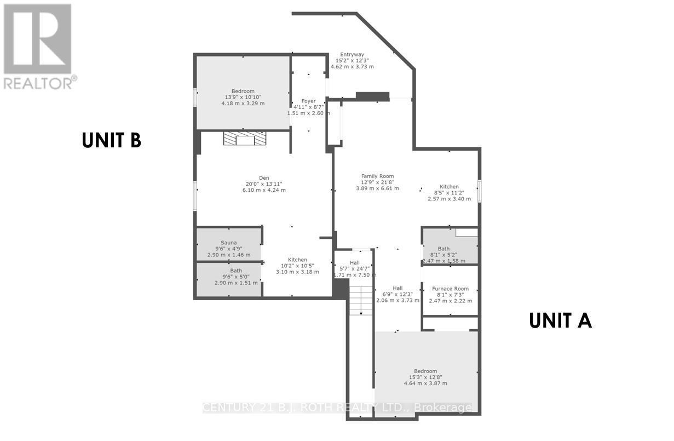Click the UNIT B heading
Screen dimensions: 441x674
pos(112,140)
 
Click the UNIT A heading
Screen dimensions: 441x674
pos(560,320)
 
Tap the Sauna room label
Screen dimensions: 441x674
pos(228,242)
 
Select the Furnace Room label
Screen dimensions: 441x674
pos(450,288)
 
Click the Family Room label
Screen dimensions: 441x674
pos(377,176)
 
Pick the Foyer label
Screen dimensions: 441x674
pos(309,101)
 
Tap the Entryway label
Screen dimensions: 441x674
pos(352,54)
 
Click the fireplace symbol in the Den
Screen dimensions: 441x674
pos(244,139)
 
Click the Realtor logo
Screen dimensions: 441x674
pos(38,46)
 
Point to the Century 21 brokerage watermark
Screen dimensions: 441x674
pos(337,408)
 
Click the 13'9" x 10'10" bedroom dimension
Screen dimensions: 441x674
pos(243,97)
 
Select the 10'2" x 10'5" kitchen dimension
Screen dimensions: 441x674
pos(297,266)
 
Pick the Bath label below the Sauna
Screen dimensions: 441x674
pos(236,271)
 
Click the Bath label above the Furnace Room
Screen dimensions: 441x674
pos(443,249)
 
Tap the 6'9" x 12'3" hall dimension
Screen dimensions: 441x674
pos(398,294)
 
